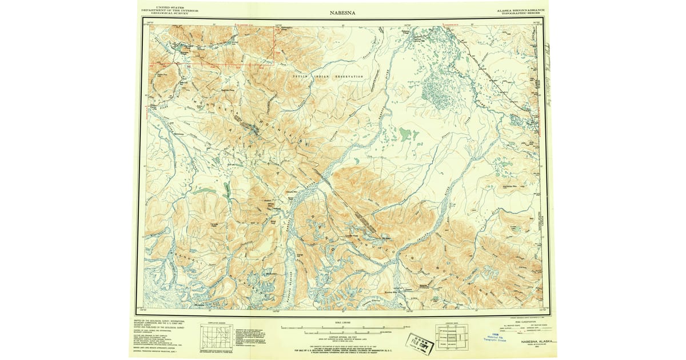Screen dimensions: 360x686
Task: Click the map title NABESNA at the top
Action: [x=342, y=12]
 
